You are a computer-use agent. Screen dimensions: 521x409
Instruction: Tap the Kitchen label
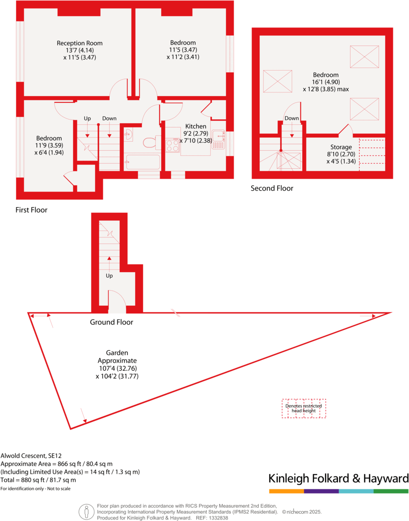196,127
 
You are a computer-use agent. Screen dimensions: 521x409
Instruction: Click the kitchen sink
218,139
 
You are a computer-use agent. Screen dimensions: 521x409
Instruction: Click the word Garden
117,353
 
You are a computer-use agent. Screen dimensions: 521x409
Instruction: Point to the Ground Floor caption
111,322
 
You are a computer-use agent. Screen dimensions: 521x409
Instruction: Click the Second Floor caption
272,188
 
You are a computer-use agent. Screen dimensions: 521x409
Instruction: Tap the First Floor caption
31,210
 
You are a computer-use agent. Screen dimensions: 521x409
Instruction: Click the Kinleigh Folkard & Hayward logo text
338,478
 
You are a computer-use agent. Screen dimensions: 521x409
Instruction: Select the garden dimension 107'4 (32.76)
117,368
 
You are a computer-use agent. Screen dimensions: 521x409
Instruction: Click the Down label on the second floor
292,119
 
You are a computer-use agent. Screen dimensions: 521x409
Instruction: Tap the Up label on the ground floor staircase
109,275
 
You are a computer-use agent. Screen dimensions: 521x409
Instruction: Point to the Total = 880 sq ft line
38,480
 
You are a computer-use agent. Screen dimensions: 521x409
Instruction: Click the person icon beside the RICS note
86,512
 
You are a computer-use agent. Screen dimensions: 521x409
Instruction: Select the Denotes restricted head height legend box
303,408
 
